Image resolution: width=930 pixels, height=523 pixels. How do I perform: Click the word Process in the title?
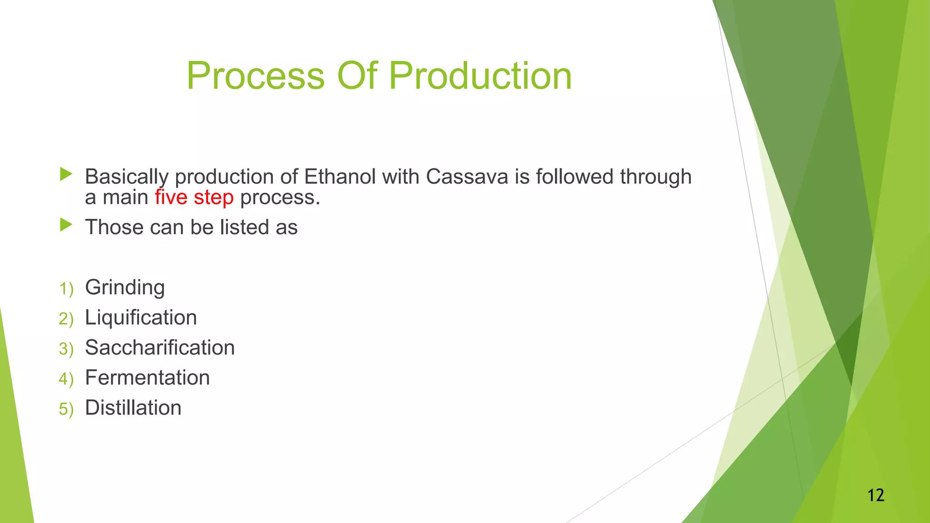pyautogui.click(x=256, y=76)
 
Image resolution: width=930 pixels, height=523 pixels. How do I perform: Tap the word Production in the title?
pyautogui.click(x=480, y=76)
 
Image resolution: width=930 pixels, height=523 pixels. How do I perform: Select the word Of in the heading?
pyautogui.click(x=357, y=76)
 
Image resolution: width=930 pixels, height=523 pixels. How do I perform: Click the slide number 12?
pyautogui.click(x=876, y=495)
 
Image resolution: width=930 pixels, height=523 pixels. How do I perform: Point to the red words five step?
pyautogui.click(x=194, y=197)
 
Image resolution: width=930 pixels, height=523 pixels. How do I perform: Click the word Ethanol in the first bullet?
pyautogui.click(x=340, y=177)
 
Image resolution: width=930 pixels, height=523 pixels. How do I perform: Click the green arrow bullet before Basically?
pyautogui.click(x=66, y=174)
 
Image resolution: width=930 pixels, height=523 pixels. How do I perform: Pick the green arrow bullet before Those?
pyautogui.click(x=66, y=225)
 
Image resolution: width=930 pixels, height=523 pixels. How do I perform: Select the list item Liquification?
pyautogui.click(x=141, y=317)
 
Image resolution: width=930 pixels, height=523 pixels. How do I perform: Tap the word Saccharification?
pyautogui.click(x=160, y=348)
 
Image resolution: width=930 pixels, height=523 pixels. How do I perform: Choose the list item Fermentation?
pyautogui.click(x=147, y=378)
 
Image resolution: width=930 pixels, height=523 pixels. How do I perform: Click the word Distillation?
pyautogui.click(x=133, y=408)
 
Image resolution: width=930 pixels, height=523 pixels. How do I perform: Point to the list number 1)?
pyautogui.click(x=66, y=289)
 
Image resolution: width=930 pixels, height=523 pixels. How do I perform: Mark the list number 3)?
pyautogui.click(x=66, y=349)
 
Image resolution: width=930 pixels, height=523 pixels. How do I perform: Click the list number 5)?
pyautogui.click(x=66, y=409)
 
